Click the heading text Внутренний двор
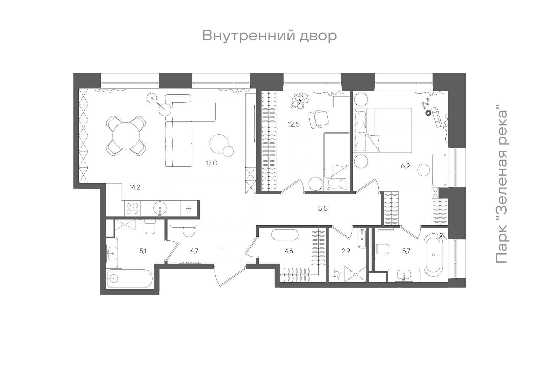point(269,36)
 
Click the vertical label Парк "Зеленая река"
point(501,186)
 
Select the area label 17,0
point(212,163)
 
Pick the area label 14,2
point(135,188)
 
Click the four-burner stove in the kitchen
point(132,208)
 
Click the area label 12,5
point(293,124)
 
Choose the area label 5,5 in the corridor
point(323,209)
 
